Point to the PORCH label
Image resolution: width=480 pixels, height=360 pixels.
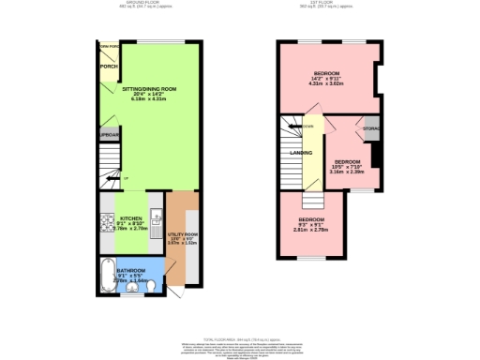click(x=108, y=66)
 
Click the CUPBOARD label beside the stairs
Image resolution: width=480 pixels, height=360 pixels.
click(x=109, y=134)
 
